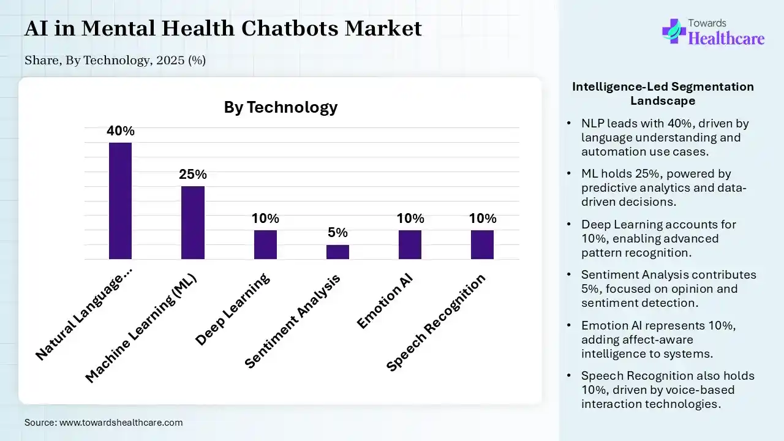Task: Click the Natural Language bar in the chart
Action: point(120,201)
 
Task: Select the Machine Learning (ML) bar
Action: point(192,222)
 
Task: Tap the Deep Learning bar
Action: point(265,244)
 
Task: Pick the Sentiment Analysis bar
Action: point(337,252)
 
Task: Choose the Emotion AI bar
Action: point(410,244)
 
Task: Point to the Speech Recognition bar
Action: point(482,244)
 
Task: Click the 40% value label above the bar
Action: point(120,131)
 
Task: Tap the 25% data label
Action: point(192,175)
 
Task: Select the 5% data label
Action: point(337,233)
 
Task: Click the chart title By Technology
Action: point(281,107)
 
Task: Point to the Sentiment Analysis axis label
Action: point(292,322)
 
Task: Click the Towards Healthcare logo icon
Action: point(674,31)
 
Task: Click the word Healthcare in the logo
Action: point(726,39)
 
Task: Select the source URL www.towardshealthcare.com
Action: point(121,422)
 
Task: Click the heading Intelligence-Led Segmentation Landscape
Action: point(663,93)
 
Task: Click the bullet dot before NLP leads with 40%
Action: point(570,124)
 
